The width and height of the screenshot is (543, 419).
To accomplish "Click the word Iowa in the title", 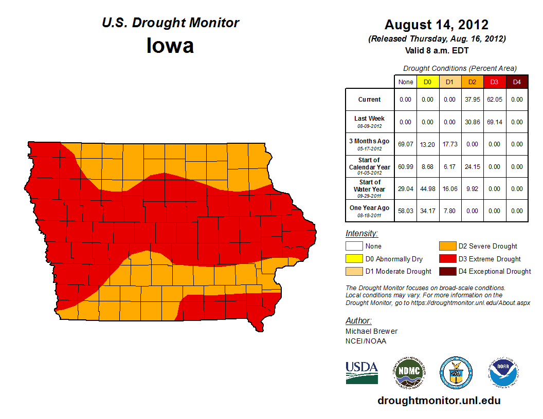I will tap(170, 46).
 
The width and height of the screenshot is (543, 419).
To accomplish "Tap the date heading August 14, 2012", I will tap(437, 25).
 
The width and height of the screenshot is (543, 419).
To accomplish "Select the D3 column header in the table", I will tap(494, 82).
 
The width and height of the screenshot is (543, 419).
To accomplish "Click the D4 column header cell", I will tap(517, 82).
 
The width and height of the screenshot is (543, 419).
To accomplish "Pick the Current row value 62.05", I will tap(494, 100).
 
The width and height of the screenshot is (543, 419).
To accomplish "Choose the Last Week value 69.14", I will tap(494, 122).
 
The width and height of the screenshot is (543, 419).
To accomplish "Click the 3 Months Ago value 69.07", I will tap(406, 144).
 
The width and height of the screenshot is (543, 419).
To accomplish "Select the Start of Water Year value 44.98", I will tap(428, 189).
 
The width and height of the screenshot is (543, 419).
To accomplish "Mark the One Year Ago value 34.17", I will tap(428, 211).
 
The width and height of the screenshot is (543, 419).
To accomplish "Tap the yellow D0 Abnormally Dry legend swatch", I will tap(353, 259).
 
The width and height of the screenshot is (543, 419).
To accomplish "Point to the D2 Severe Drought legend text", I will tap(488, 246).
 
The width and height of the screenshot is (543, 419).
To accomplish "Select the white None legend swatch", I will tap(353, 246).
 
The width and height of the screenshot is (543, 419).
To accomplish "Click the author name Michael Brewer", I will tap(371, 331).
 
